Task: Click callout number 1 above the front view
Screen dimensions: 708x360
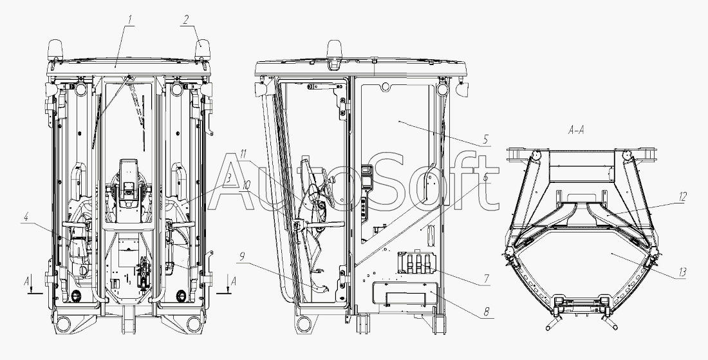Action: (129, 20)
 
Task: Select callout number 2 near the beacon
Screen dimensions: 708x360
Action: (186, 20)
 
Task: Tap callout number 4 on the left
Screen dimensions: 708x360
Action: (26, 217)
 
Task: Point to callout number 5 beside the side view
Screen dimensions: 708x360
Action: (485, 140)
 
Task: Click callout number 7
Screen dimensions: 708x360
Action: (487, 279)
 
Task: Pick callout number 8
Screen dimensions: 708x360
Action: (487, 312)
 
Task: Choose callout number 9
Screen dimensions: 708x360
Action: (242, 257)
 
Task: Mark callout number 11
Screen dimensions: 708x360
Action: (243, 154)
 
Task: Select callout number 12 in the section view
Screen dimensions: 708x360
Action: (682, 196)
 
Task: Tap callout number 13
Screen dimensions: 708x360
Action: (682, 272)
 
